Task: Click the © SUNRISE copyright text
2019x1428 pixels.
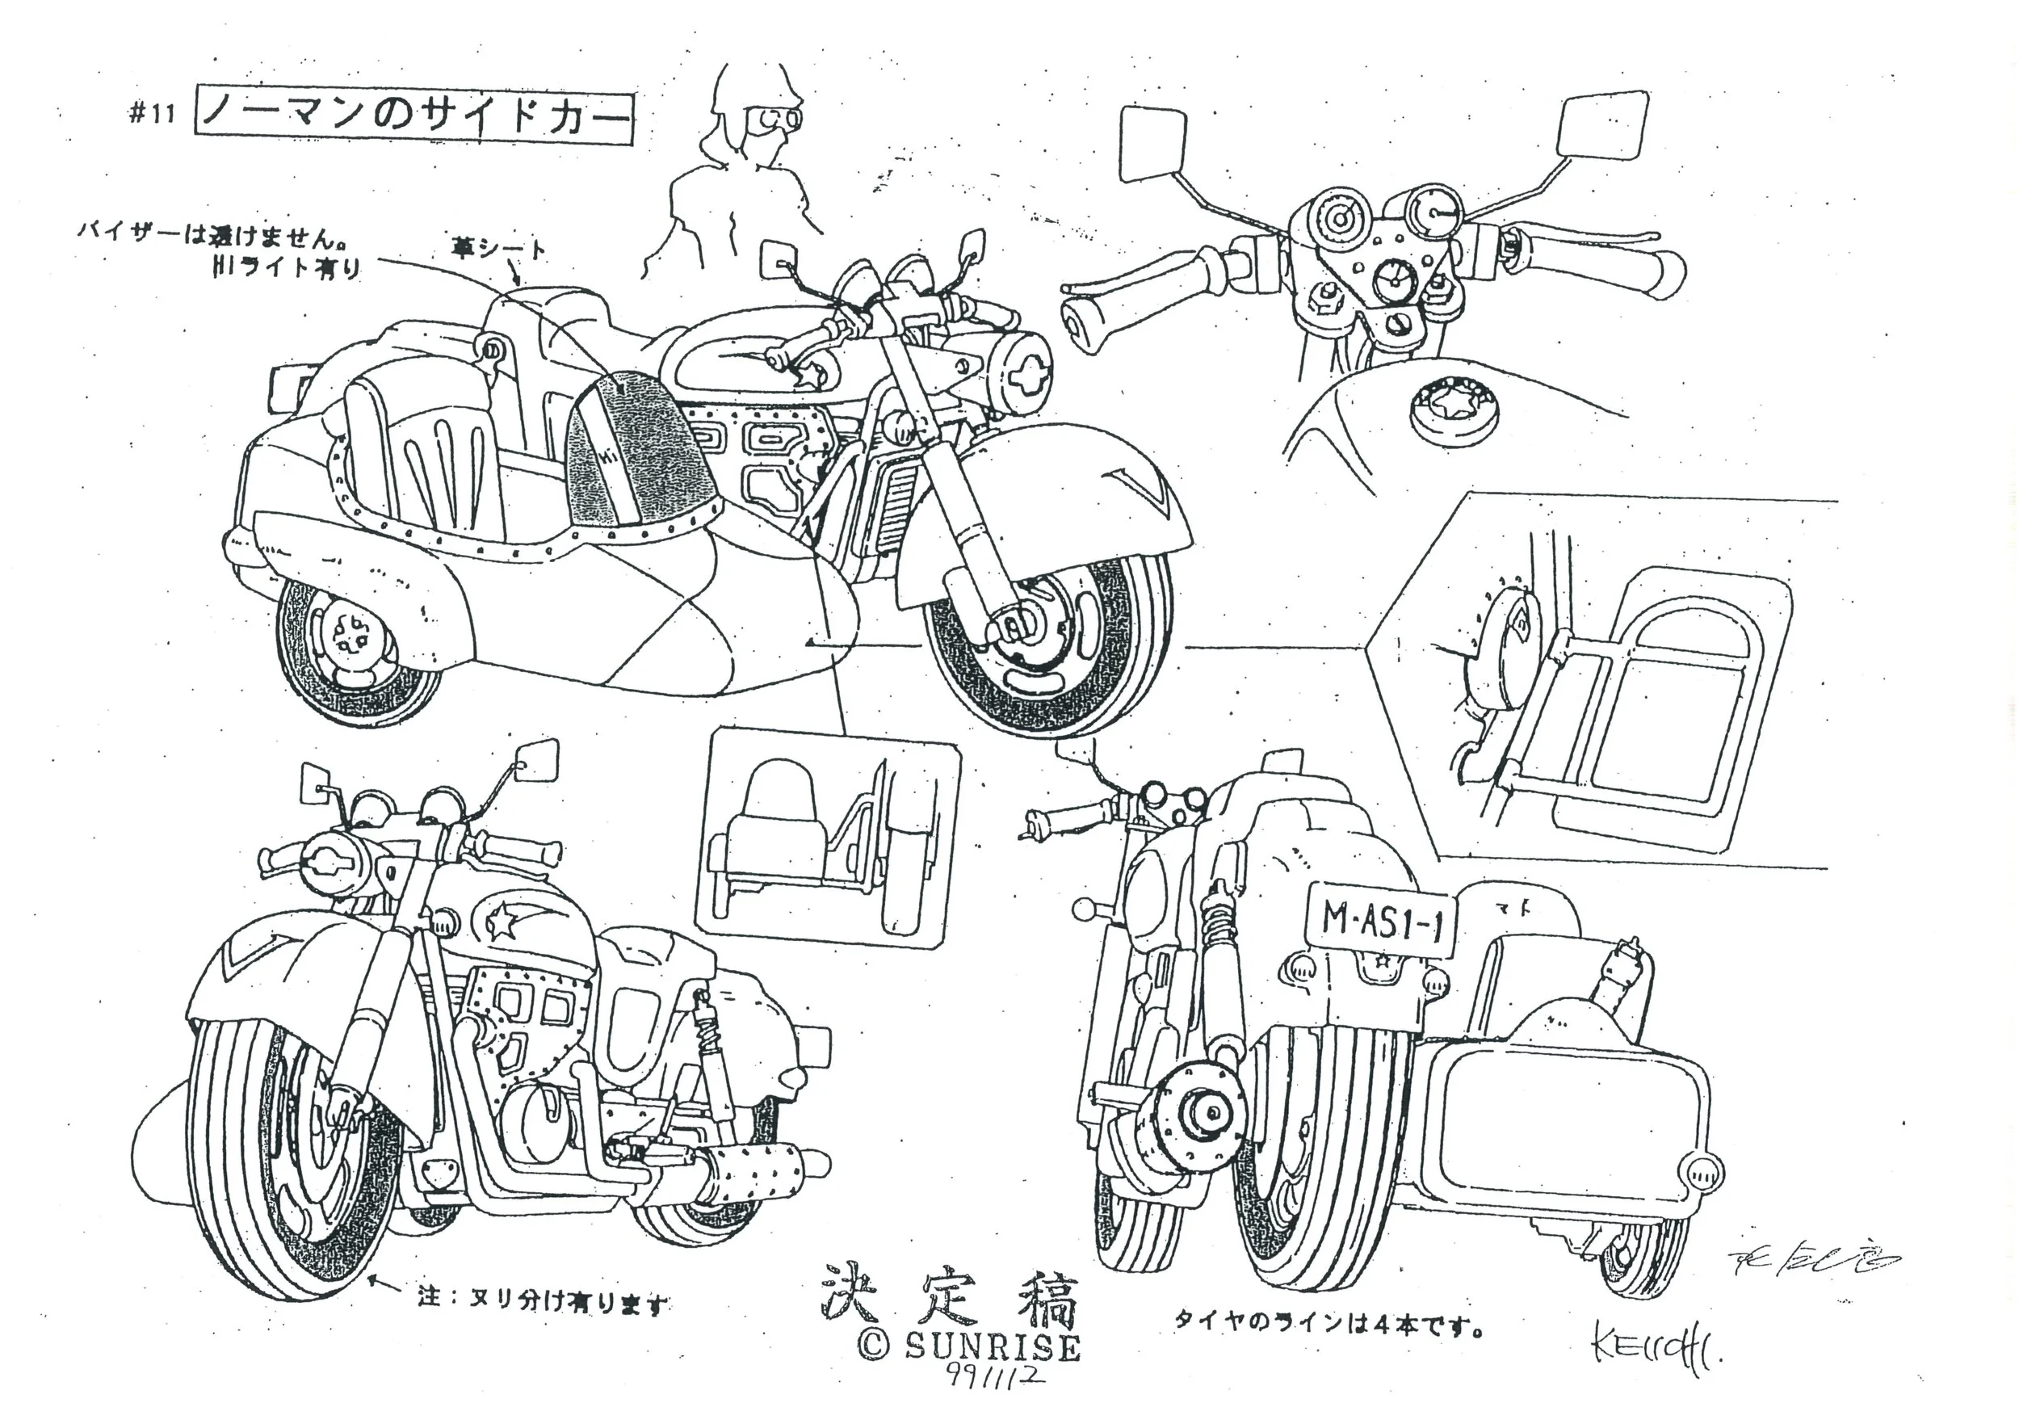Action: (968, 1346)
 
